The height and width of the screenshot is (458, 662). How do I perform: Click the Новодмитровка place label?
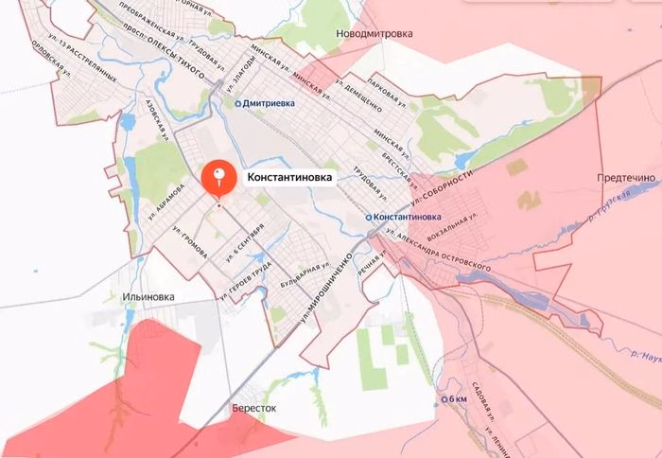375,33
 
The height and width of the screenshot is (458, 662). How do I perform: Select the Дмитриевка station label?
269,103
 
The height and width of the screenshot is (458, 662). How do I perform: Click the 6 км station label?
459,399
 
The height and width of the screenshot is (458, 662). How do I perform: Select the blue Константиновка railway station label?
410,218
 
